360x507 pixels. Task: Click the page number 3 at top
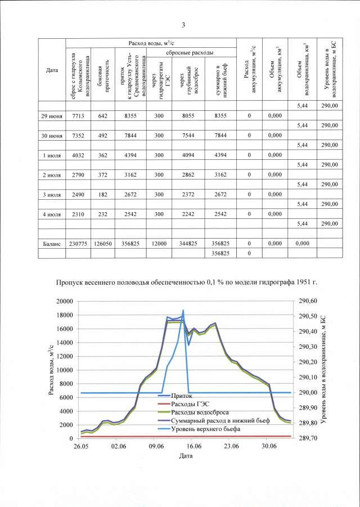click(x=183, y=24)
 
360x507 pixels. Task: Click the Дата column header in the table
click(x=52, y=70)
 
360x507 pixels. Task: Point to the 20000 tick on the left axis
click(x=66, y=301)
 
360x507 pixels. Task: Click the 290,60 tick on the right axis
click(x=309, y=301)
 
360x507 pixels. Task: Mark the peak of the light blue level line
click(x=183, y=310)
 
